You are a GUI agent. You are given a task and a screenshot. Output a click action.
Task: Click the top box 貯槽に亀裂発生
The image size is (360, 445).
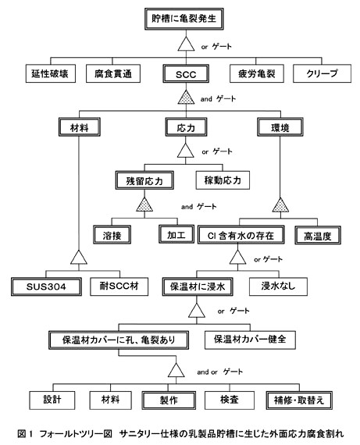[x=184, y=19]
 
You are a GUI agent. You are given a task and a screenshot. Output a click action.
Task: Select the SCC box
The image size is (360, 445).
[x=186, y=74]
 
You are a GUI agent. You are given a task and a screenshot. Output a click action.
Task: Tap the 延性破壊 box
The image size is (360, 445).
[x=51, y=73]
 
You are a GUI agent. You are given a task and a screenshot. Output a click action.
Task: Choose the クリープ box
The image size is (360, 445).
[x=322, y=73]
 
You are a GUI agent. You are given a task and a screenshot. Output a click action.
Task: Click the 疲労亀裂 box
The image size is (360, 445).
[x=257, y=73]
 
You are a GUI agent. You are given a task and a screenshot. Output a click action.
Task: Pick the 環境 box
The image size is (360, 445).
[x=280, y=127]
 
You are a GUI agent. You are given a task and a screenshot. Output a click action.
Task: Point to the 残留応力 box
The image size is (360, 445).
[x=144, y=180]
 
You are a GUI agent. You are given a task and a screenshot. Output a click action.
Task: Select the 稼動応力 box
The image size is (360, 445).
[x=223, y=180]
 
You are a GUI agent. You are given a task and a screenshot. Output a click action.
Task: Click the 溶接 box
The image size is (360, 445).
[x=112, y=235]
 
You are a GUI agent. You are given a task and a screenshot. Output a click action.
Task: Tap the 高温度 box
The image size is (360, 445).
[x=318, y=235]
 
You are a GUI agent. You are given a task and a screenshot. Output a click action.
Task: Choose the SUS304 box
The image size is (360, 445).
[x=46, y=287]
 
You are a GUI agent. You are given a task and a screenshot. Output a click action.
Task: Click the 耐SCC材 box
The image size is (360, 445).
[x=119, y=287]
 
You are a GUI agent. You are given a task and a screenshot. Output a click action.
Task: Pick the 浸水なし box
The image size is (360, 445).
[x=278, y=287]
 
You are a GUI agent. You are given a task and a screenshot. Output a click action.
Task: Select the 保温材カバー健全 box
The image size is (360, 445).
[x=250, y=340]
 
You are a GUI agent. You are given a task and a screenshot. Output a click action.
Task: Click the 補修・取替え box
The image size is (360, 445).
[x=299, y=400]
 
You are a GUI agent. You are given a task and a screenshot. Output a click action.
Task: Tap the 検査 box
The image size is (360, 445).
[x=230, y=400]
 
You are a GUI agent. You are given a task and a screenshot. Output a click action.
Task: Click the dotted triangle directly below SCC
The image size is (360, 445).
[x=186, y=97]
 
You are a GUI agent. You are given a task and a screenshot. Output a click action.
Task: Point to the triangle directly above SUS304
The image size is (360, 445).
[x=79, y=257]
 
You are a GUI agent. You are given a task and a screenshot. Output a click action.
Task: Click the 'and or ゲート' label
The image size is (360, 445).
[x=219, y=372]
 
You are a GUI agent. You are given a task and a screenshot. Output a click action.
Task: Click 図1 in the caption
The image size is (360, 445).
[x=25, y=433]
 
